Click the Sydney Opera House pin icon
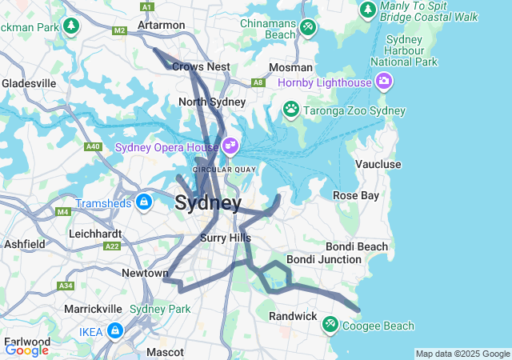(x=230, y=146)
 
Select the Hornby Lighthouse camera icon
(x=384, y=82)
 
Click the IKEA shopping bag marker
(x=116, y=330)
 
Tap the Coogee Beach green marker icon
(x=330, y=325)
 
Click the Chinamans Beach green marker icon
(x=308, y=28)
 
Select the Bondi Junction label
(x=324, y=259)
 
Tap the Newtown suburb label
(x=145, y=273)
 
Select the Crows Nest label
(x=201, y=67)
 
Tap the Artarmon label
(x=161, y=25)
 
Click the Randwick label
(x=293, y=316)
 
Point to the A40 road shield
(x=94, y=146)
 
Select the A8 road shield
(x=258, y=82)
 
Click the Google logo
(x=26, y=350)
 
